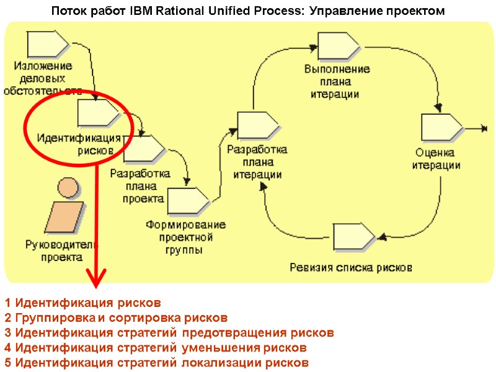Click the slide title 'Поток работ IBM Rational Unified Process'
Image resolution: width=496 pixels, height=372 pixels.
[x=247, y=11]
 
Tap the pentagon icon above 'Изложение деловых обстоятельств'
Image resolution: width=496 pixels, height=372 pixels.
[x=48, y=44]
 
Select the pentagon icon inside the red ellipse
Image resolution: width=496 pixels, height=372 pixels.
[x=98, y=113]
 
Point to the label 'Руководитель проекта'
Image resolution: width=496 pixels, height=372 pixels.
[x=61, y=250]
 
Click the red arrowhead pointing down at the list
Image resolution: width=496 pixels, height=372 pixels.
[x=95, y=280]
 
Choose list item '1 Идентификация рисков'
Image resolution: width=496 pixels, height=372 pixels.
[x=82, y=303]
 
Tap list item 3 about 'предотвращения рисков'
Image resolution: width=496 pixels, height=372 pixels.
[x=169, y=333]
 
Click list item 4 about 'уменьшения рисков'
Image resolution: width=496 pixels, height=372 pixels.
[x=155, y=348]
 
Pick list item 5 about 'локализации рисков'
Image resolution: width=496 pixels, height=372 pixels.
[x=156, y=363]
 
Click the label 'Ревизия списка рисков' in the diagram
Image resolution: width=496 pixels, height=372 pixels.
[x=351, y=268]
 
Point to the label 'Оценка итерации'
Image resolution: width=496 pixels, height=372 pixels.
[x=436, y=159]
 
